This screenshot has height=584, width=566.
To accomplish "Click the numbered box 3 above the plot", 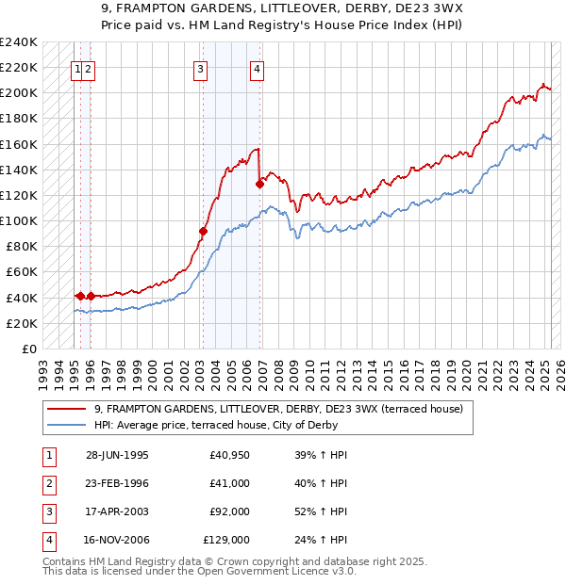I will click(x=201, y=68).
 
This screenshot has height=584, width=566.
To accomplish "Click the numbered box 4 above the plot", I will click(x=257, y=68).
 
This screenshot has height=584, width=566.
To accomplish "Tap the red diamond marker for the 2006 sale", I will click(x=259, y=184).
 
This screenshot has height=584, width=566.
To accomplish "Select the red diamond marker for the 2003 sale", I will click(x=203, y=231).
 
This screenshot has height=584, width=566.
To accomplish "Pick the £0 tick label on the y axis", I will click(x=30, y=349).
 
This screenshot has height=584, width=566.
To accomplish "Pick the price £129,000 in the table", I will click(x=226, y=540).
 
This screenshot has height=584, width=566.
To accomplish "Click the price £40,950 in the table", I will click(x=230, y=455).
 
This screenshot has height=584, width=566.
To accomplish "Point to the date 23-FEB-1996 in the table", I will click(x=117, y=483).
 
